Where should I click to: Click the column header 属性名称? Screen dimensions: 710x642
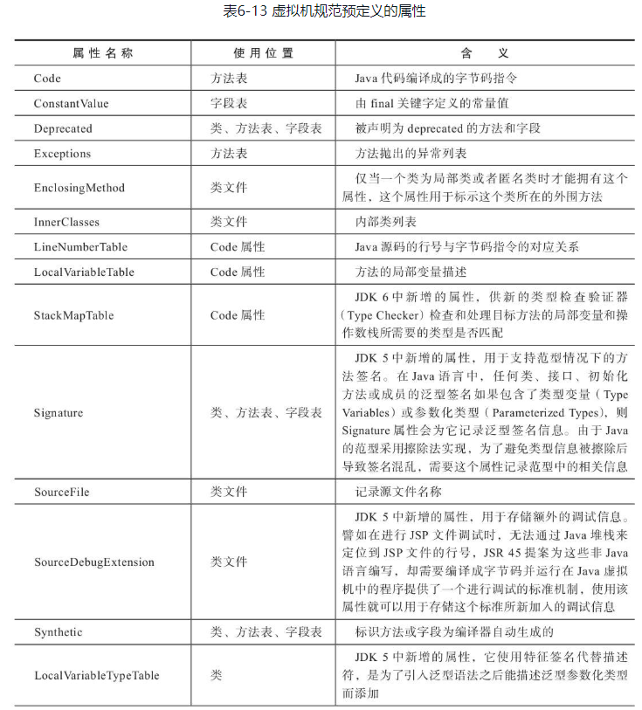(x=103, y=53)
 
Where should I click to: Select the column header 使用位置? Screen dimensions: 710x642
(x=263, y=53)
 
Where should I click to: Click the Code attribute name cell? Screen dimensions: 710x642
(x=47, y=79)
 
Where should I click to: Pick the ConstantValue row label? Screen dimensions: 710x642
(x=72, y=103)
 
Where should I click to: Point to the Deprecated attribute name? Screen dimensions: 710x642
(x=63, y=128)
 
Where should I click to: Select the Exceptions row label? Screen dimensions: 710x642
(x=62, y=154)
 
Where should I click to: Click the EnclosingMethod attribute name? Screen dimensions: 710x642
(x=79, y=188)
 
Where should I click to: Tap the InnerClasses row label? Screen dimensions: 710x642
(x=67, y=222)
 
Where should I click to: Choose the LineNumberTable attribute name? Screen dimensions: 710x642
(x=80, y=247)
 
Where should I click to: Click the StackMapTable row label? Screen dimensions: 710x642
(x=73, y=315)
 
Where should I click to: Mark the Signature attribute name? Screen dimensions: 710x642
(x=59, y=412)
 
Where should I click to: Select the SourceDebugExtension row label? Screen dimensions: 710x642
(x=94, y=562)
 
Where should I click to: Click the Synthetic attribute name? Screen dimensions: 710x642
(x=59, y=631)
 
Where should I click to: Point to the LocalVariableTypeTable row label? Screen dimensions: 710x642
(x=97, y=675)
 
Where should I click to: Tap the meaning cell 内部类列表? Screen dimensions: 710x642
(x=386, y=222)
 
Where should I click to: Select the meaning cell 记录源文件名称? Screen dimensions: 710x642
(x=398, y=492)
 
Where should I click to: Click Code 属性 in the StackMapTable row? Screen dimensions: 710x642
(x=238, y=315)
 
